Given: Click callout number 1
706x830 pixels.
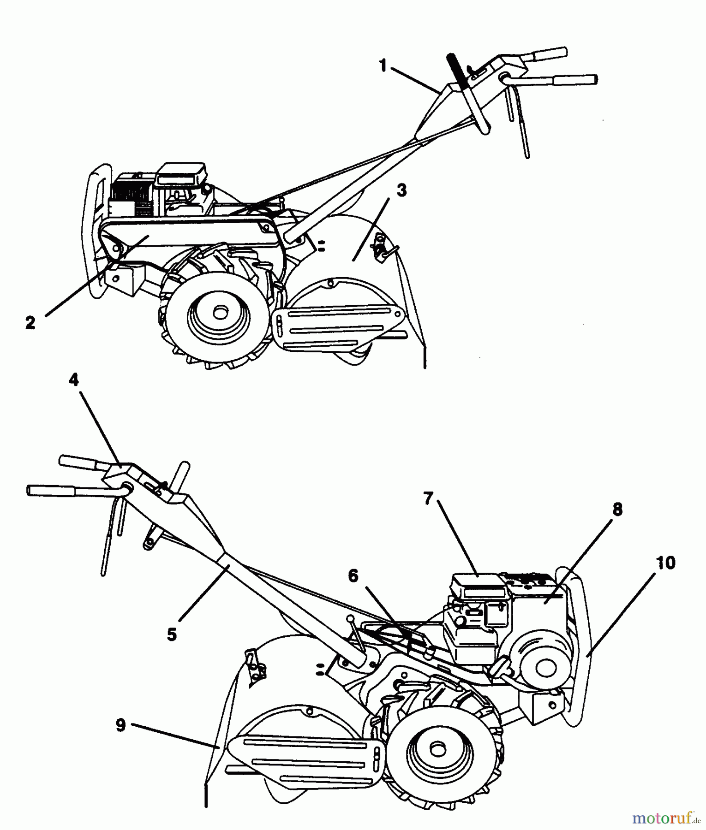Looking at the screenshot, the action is [383, 66].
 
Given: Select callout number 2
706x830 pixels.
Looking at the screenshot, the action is [30, 322].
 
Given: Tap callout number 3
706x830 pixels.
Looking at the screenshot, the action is [401, 190].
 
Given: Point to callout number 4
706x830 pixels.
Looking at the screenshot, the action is [74, 380].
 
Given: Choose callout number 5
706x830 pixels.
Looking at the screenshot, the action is [172, 634].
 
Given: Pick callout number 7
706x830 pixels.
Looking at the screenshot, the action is [428, 498].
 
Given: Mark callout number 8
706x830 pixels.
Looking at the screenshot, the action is [617, 510].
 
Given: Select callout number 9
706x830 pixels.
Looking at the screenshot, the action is [120, 725].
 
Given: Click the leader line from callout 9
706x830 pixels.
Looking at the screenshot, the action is [175, 736].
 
